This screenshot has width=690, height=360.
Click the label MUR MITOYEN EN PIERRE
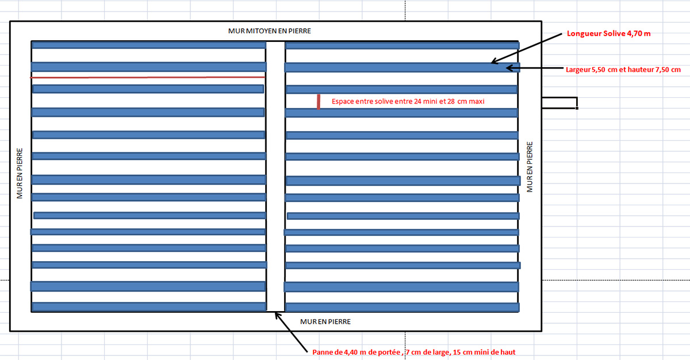pyautogui.click(x=270, y=30)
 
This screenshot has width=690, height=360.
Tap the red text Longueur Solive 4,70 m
pyautogui.click(x=609, y=33)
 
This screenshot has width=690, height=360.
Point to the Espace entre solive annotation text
pyautogui.click(x=408, y=101)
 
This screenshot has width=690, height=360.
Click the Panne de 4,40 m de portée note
pyautogui.click(x=418, y=351)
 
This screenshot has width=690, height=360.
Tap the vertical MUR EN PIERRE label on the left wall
pyautogui.click(x=20, y=174)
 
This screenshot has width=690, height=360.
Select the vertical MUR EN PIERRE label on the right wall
pyautogui.click(x=530, y=167)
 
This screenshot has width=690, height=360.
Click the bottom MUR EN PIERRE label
pyautogui.click(x=325, y=321)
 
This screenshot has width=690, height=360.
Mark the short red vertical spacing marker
pyautogui.click(x=318, y=101)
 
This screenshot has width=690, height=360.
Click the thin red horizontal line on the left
pyautogui.click(x=148, y=76)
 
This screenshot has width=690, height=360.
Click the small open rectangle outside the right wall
pyautogui.click(x=559, y=103)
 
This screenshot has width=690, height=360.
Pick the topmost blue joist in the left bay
pyautogui.click(x=149, y=45)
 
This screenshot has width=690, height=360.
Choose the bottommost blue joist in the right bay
pyautogui.click(x=402, y=307)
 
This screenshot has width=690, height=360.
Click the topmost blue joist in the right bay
pyautogui.click(x=402, y=45)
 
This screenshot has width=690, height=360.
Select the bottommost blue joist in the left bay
pyautogui.click(x=149, y=307)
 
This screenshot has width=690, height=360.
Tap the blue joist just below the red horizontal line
pyautogui.click(x=148, y=89)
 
